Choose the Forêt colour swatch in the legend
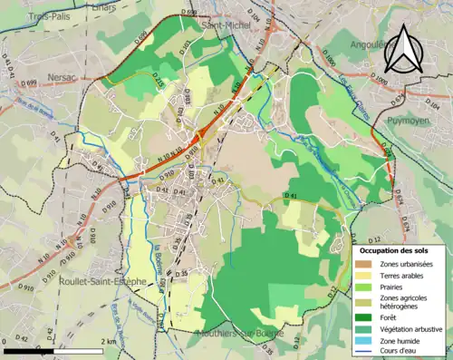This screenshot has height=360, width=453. pos(366,316)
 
